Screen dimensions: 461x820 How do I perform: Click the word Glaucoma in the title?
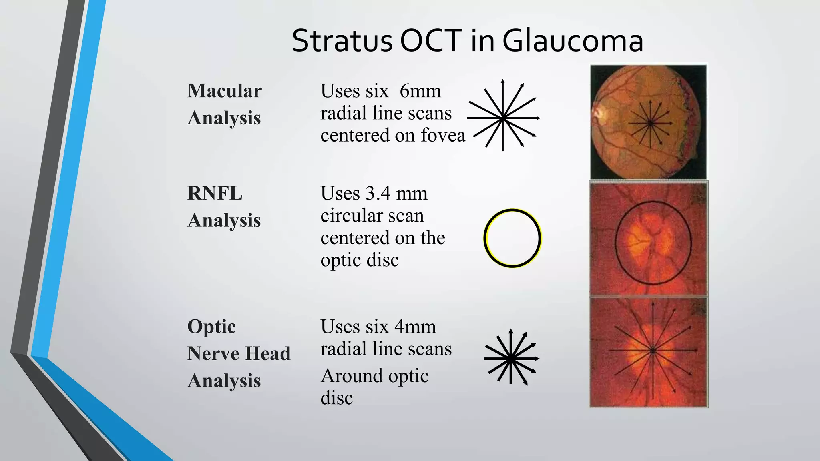(573, 41)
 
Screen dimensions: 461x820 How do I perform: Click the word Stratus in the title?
(342, 41)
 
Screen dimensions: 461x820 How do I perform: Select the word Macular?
(225, 91)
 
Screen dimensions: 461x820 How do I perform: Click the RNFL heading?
(215, 194)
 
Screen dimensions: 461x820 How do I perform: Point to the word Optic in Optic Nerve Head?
(211, 327)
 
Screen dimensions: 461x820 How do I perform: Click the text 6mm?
(420, 91)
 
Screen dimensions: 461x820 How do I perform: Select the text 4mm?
(415, 327)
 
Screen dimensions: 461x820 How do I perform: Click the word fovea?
(443, 135)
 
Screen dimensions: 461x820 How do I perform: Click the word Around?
(352, 376)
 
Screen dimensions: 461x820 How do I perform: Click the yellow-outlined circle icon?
(512, 238)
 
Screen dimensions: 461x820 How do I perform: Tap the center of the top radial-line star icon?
(503, 118)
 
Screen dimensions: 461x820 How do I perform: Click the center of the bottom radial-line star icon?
(510, 359)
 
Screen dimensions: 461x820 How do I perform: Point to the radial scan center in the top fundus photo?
(650, 124)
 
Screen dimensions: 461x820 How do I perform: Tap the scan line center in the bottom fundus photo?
(653, 350)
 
